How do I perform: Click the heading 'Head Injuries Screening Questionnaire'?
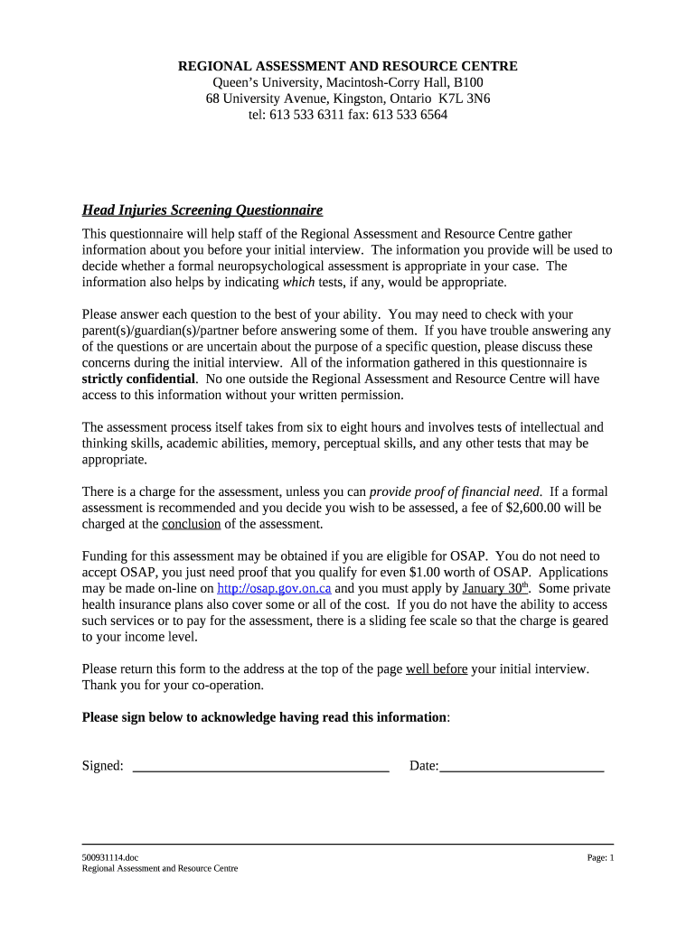(202, 210)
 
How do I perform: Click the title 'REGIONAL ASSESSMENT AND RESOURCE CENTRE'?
(347, 67)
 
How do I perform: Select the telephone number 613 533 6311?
(304, 116)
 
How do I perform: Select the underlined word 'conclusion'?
(191, 525)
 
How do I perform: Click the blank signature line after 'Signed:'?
(260, 767)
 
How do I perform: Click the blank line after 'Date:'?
(522, 767)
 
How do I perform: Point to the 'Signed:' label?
(102, 766)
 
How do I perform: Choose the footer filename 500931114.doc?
(109, 857)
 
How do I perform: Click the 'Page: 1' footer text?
(599, 857)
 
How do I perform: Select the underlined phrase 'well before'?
(437, 669)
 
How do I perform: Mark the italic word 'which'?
(298, 283)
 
